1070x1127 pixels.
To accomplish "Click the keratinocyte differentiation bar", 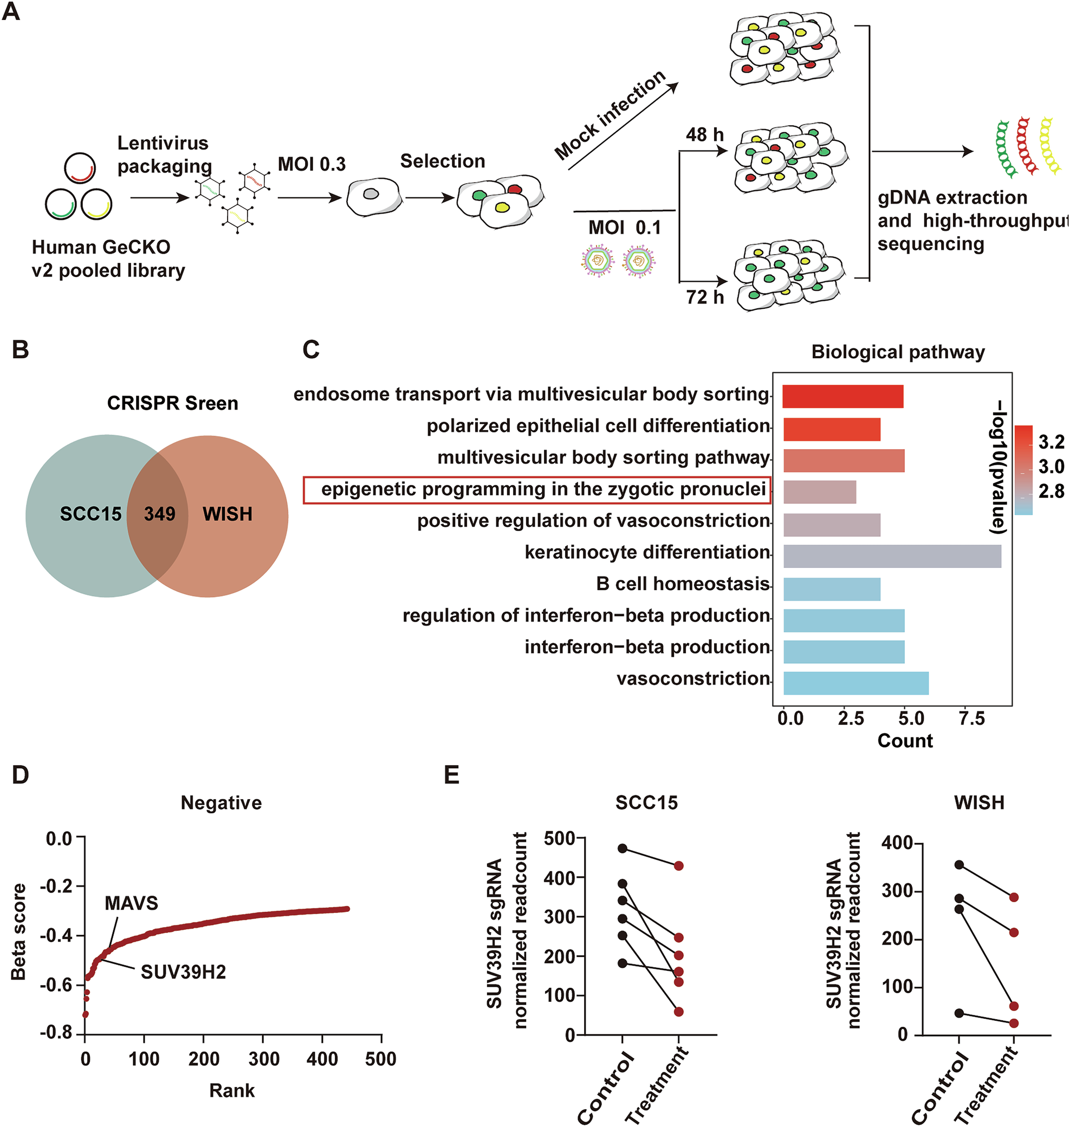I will [892, 556].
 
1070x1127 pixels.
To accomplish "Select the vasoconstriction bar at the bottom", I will [855, 683].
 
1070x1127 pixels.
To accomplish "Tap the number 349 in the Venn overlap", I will [159, 514].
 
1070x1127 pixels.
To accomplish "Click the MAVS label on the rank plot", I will [131, 903].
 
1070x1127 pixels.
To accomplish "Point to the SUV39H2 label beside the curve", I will [183, 971].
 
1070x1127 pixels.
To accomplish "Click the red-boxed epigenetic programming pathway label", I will [542, 489].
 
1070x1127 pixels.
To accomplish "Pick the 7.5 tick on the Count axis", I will [971, 719].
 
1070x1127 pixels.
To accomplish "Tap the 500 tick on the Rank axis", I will [380, 1059].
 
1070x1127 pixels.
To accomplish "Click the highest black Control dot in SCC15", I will [622, 849].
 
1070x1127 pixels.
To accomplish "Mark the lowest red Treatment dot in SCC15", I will [678, 1012].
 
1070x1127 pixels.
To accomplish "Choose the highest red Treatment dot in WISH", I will [1014, 897].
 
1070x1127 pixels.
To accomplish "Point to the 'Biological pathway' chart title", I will [898, 352].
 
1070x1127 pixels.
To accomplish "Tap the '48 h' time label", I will [704, 135].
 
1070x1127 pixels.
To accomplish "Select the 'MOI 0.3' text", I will [312, 164].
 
